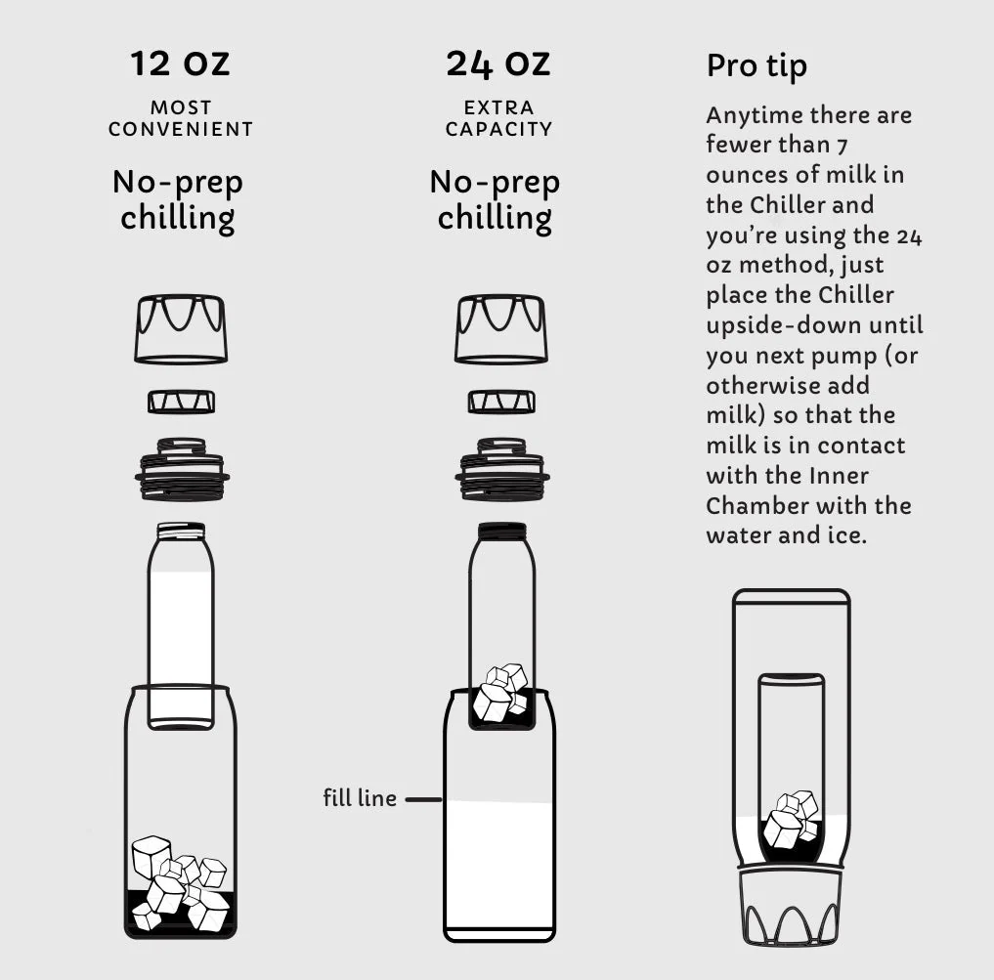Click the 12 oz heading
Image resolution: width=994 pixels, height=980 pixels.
(x=180, y=64)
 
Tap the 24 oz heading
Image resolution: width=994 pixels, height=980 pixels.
(x=498, y=64)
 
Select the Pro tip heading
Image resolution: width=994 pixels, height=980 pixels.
(x=756, y=66)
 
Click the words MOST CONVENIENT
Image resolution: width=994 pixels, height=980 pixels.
(x=181, y=118)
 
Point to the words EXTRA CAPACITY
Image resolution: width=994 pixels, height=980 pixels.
(x=498, y=118)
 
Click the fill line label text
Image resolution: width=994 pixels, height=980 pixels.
(x=360, y=797)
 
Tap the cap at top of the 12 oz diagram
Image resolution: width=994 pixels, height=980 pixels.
(x=181, y=328)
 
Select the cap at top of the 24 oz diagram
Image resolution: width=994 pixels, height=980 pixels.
(x=500, y=328)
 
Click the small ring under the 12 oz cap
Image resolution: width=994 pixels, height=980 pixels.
(x=181, y=402)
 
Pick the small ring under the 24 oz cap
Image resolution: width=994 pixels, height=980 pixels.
(x=501, y=402)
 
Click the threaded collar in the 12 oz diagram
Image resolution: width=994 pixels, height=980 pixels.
(x=182, y=470)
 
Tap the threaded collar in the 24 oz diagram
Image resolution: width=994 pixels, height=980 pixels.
(x=502, y=470)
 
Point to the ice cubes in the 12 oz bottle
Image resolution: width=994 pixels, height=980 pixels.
(x=180, y=883)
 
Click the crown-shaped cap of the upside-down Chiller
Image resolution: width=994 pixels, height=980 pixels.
(x=791, y=907)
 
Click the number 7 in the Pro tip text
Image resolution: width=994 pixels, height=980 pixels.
(x=842, y=147)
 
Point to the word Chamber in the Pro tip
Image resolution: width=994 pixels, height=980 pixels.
(x=753, y=506)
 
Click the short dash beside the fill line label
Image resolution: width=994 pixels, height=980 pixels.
(x=423, y=799)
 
